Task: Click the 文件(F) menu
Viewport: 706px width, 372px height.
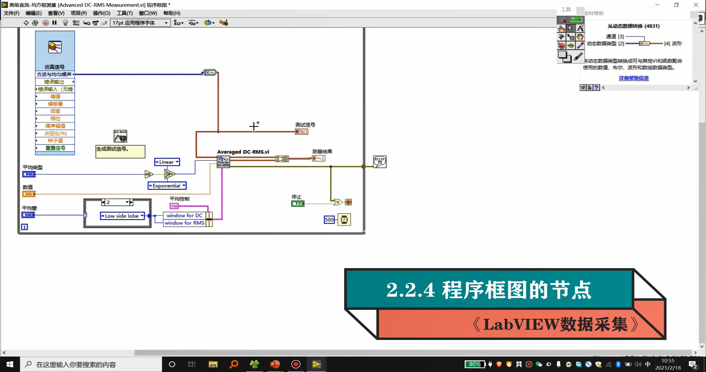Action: (x=11, y=13)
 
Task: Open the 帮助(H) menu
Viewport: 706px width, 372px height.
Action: (x=172, y=13)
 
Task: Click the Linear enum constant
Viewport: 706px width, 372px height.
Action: (x=167, y=162)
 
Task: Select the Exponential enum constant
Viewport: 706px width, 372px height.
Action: (x=167, y=186)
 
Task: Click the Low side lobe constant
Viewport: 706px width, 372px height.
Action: (x=122, y=216)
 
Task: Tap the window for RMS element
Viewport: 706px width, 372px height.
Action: (x=184, y=223)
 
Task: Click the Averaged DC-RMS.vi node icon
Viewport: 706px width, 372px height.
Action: (x=223, y=162)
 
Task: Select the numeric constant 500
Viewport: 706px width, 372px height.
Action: (x=329, y=220)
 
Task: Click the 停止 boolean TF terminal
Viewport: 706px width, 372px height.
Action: (x=298, y=204)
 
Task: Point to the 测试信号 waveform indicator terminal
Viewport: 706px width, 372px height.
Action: (x=301, y=132)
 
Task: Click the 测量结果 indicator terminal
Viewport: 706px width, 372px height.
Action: (x=318, y=158)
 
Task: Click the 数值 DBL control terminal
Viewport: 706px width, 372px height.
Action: (x=29, y=194)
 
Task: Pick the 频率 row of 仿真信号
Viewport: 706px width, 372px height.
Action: (x=55, y=111)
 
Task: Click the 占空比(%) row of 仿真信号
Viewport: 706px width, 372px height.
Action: (x=55, y=133)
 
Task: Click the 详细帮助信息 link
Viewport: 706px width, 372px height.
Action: (x=634, y=78)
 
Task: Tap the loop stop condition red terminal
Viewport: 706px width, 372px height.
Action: (x=349, y=202)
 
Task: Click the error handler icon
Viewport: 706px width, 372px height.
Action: (x=380, y=162)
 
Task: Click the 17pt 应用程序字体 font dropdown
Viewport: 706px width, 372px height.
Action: (x=140, y=23)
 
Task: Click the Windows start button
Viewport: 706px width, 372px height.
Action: (x=10, y=364)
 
